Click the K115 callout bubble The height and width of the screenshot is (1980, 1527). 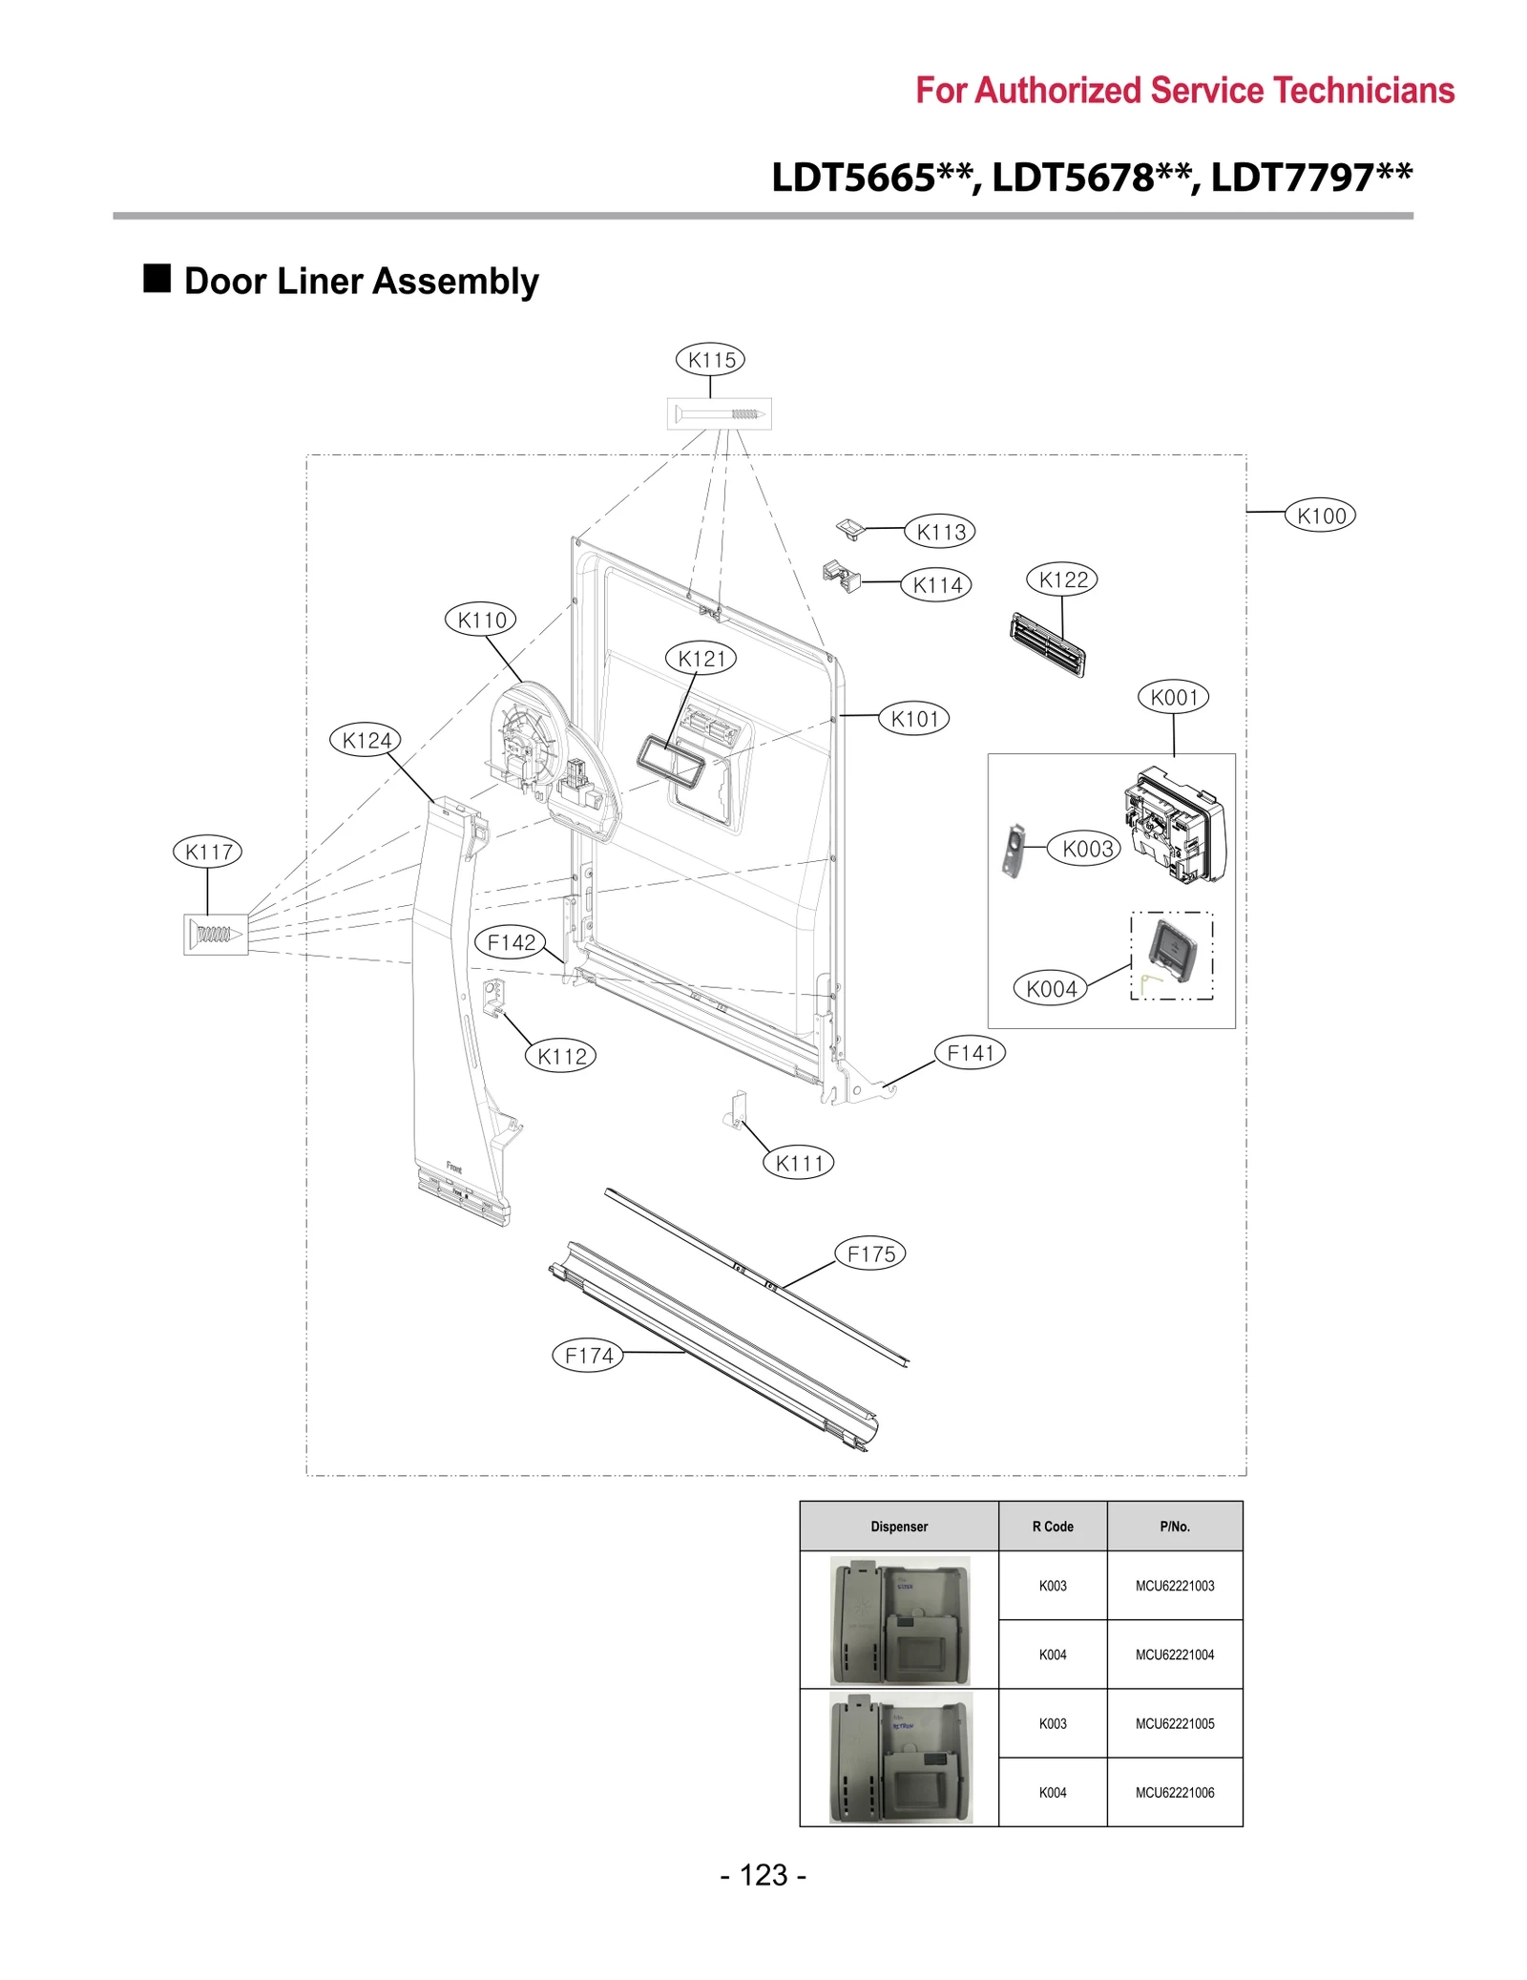[710, 360]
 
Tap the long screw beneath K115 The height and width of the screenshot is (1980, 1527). [718, 414]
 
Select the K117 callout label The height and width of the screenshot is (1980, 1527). [207, 852]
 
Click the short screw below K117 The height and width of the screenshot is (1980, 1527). [215, 935]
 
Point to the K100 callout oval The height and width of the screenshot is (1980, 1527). [1320, 516]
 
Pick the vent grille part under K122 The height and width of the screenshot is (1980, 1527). [1047, 644]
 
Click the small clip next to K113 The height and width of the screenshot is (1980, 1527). [849, 528]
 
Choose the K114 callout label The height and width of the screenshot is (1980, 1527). [936, 585]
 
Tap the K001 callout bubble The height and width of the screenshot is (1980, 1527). [1173, 697]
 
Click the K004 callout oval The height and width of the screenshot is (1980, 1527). [1050, 989]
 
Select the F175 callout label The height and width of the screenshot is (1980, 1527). [869, 1253]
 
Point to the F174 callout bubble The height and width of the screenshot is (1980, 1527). [588, 1355]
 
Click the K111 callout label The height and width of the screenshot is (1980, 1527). [798, 1163]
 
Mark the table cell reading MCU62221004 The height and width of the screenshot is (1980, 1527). [1174, 1654]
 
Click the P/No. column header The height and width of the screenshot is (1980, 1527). [1174, 1527]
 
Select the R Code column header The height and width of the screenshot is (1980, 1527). [1052, 1527]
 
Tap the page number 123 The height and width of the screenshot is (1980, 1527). [763, 1875]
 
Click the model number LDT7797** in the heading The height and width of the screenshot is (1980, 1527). [1311, 178]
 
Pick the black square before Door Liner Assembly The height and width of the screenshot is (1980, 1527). [157, 279]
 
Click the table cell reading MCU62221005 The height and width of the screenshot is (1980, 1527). [1174, 1723]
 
